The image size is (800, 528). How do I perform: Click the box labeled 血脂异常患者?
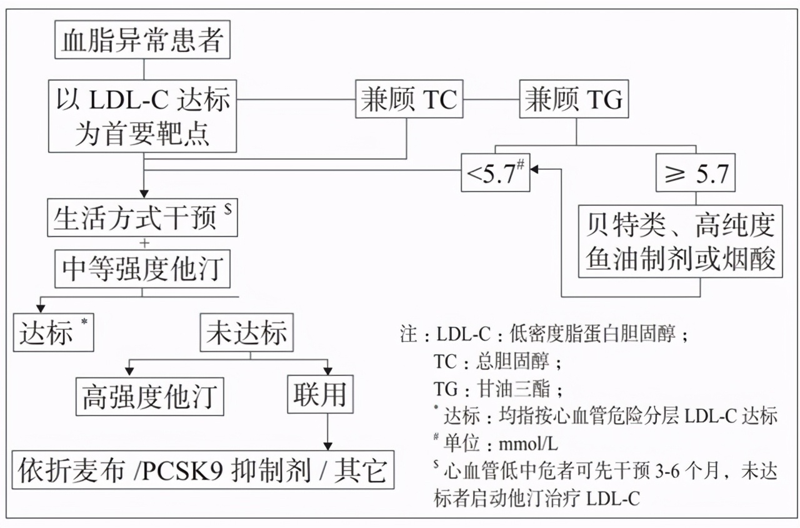pos(143,41)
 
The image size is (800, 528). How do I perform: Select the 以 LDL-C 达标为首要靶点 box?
pos(143,116)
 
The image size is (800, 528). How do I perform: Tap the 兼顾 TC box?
pos(409,99)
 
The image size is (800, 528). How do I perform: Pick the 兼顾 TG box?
pos(575,99)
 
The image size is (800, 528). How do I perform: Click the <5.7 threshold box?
pos(496,173)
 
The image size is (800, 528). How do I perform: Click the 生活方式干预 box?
pos(142,218)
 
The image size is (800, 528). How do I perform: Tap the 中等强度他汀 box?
pos(142,270)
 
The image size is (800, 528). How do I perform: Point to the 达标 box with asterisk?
pos(54,332)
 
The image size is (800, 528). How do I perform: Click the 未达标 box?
pos(248,332)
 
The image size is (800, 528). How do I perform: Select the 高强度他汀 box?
pos(149,395)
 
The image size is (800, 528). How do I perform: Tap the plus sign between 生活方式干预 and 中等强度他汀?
pos(144,243)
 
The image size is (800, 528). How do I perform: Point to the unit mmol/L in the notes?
pos(528,444)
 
